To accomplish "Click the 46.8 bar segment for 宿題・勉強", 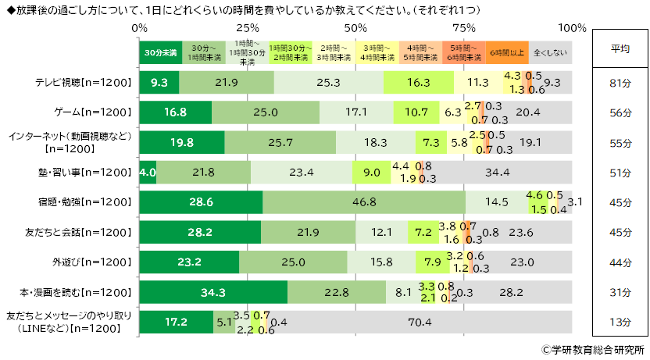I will (363, 202).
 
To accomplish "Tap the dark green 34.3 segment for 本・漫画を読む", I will (212, 292).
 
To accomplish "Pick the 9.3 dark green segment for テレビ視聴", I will (159, 82).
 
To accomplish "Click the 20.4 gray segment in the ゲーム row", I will (527, 112).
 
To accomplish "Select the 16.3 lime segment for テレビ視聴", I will (418, 82).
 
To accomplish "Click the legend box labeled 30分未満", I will (160, 52).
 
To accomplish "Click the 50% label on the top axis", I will (355, 28).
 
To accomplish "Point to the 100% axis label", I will (573, 28).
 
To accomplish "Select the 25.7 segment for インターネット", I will (280, 142).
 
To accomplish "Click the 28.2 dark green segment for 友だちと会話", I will (200, 232).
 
